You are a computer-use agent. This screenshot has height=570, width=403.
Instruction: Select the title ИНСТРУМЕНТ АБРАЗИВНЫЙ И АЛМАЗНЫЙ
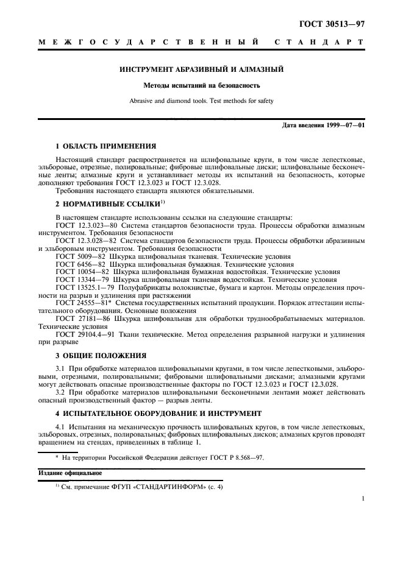pos(201,69)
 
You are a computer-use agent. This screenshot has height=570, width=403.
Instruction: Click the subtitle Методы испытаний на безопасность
pos(201,86)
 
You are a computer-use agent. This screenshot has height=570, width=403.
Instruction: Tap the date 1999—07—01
pos(345,125)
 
